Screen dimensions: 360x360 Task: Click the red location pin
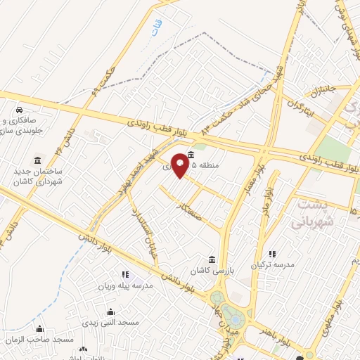pyautogui.click(x=181, y=165)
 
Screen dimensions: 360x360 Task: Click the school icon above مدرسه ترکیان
pyautogui.click(x=272, y=255)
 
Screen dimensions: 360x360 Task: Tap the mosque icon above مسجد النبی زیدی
pyautogui.click(x=110, y=311)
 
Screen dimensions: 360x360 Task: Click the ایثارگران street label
pyautogui.click(x=300, y=108)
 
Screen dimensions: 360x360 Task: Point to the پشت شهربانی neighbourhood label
pyautogui.click(x=309, y=213)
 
